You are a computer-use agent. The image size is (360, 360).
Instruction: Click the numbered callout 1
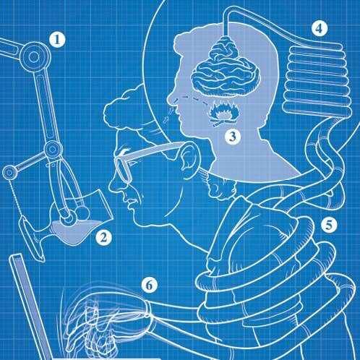tap(57, 40)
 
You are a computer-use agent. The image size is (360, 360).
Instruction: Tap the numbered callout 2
tap(104, 238)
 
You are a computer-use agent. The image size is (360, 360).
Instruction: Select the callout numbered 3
tap(233, 137)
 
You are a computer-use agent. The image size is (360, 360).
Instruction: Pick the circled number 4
tap(320, 28)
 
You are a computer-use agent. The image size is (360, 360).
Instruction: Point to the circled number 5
tap(329, 225)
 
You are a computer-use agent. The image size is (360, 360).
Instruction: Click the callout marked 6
tap(150, 286)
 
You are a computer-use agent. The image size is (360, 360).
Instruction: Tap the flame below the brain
tap(223, 113)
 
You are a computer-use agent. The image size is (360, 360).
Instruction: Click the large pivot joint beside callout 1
tap(34, 57)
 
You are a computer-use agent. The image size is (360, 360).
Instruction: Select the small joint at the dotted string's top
tap(9, 173)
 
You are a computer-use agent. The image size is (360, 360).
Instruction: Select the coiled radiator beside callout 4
tap(317, 80)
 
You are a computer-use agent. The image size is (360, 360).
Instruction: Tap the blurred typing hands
tap(106, 320)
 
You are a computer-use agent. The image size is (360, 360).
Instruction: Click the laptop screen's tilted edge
tap(30, 306)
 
